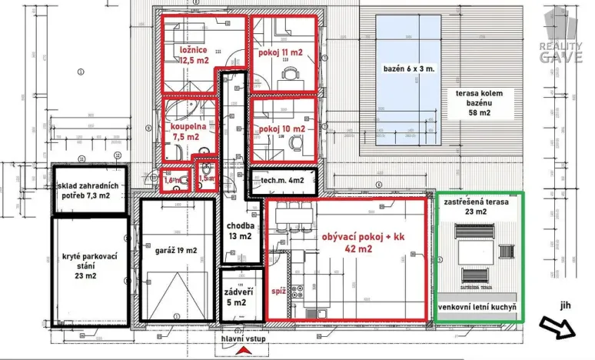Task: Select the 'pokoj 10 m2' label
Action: pyautogui.click(x=282, y=129)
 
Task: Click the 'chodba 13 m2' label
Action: pyautogui.click(x=239, y=231)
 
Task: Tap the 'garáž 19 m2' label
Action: pyautogui.click(x=176, y=250)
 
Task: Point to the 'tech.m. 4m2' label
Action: pyautogui.click(x=282, y=181)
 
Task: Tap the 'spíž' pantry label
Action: pyautogui.click(x=278, y=292)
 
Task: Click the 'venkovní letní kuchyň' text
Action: pyautogui.click(x=477, y=308)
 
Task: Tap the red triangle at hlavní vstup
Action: pyautogui.click(x=245, y=351)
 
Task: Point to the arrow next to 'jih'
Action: pyautogui.click(x=559, y=328)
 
